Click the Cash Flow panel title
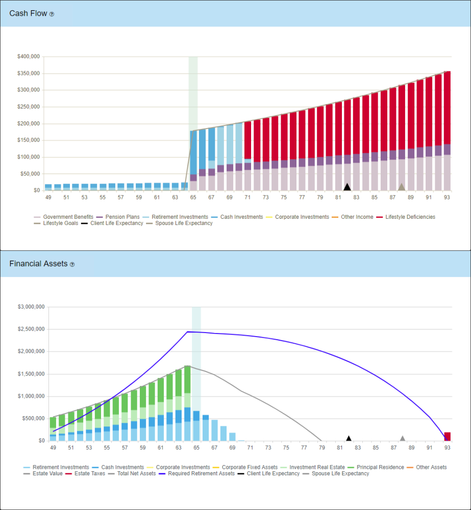click(28, 14)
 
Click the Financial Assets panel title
click(38, 264)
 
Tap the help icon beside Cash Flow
click(52, 14)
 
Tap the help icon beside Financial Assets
click(72, 264)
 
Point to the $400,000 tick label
click(29, 57)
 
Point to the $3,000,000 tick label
click(31, 307)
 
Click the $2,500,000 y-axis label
click(31, 329)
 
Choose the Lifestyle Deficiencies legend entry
click(410, 217)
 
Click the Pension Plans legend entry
click(122, 217)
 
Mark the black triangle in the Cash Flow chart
click(348, 187)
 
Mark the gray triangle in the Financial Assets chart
click(403, 438)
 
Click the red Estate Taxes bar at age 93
click(448, 436)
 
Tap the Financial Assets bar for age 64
click(187, 403)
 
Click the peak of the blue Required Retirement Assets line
click(187, 331)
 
